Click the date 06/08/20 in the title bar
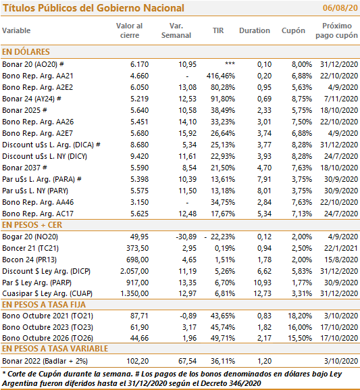point(340,8)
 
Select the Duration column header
point(255,30)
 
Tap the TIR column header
point(218,30)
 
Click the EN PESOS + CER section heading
point(32,225)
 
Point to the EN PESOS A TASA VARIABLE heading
point(55,349)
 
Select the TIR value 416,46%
point(220,76)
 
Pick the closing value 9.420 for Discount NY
point(139,156)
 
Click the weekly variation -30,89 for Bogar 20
point(186,237)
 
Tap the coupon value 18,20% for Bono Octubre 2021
point(300,316)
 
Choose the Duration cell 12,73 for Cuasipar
point(262,293)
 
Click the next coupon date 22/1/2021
point(341,248)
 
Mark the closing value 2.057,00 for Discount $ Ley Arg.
point(134,271)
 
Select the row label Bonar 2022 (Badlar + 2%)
point(45,361)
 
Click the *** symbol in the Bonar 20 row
point(230,64)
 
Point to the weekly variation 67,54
point(187,361)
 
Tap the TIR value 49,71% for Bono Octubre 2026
point(223,338)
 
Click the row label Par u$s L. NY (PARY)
point(35,191)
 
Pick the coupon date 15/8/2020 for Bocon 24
point(341,260)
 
